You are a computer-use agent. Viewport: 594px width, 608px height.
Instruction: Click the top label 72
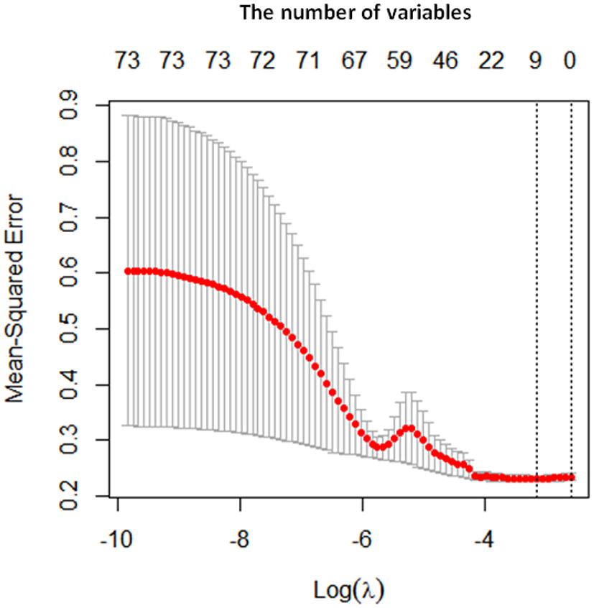[x=263, y=63]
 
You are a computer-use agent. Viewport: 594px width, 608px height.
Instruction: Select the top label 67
[x=354, y=63]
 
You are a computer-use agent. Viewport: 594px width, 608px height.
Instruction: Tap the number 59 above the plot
[x=399, y=63]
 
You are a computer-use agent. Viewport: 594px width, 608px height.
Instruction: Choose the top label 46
[x=445, y=63]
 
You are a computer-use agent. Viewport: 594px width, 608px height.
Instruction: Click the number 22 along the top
[x=491, y=63]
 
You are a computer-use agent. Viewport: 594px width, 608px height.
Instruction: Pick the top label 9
[x=535, y=63]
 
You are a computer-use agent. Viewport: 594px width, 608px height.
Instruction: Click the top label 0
[x=570, y=63]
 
